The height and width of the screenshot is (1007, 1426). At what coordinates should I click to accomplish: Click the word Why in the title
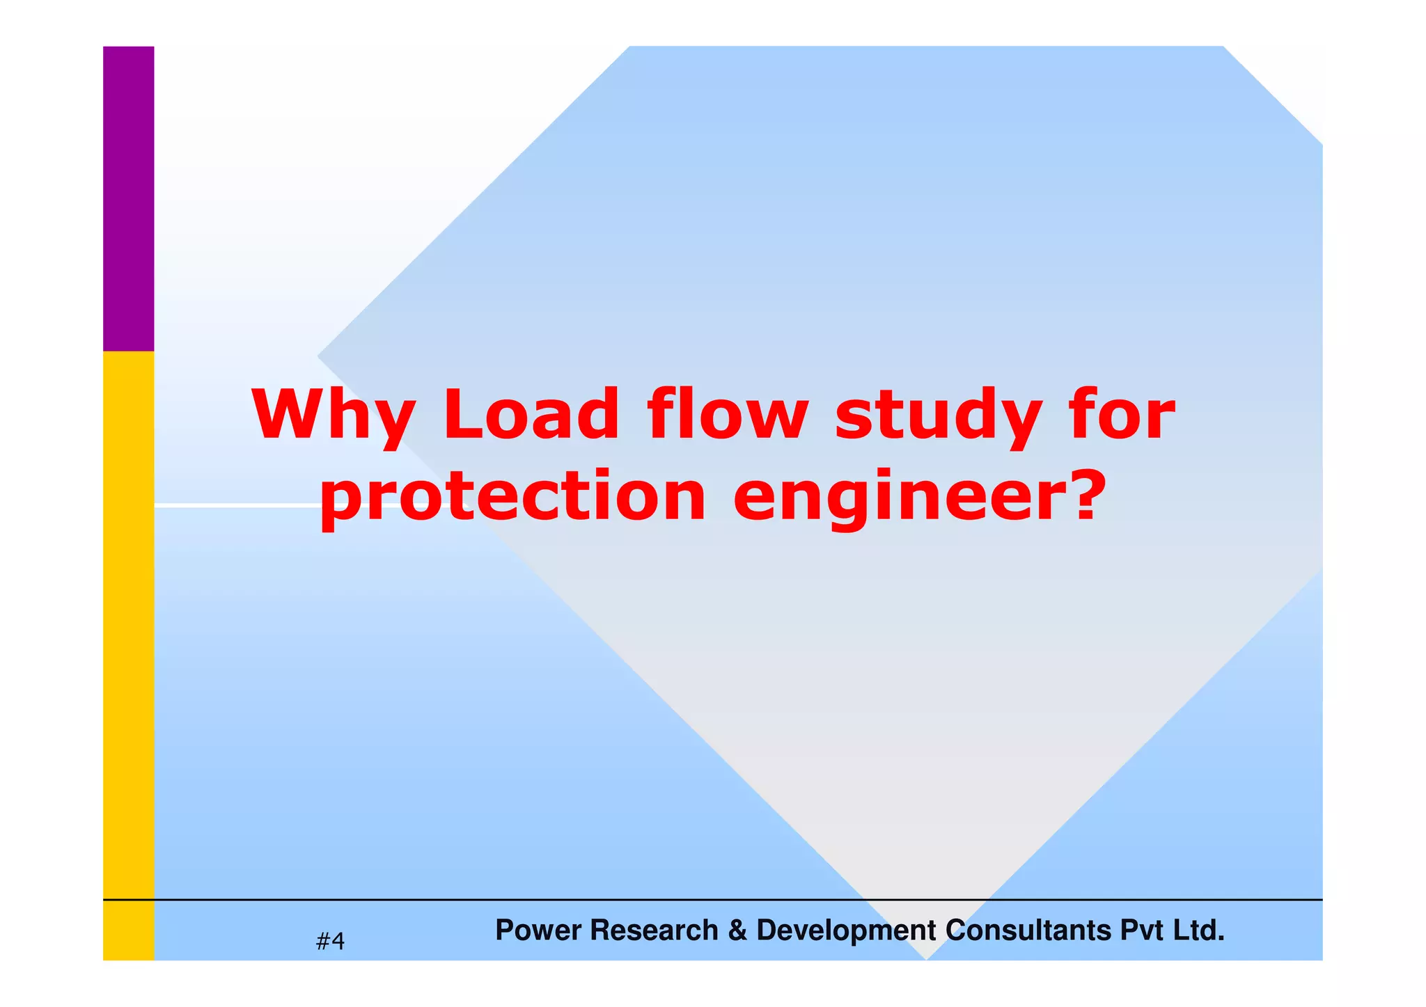point(334,415)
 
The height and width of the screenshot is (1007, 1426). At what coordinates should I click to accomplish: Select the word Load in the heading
point(531,415)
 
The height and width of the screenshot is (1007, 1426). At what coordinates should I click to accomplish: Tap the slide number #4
point(330,942)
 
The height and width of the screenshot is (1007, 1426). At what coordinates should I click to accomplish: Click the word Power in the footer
point(537,930)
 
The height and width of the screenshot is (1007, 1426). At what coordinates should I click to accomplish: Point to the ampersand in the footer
point(737,930)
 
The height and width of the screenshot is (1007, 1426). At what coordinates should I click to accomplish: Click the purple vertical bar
point(129,198)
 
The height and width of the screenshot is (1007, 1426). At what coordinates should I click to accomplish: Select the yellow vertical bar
point(129,654)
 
